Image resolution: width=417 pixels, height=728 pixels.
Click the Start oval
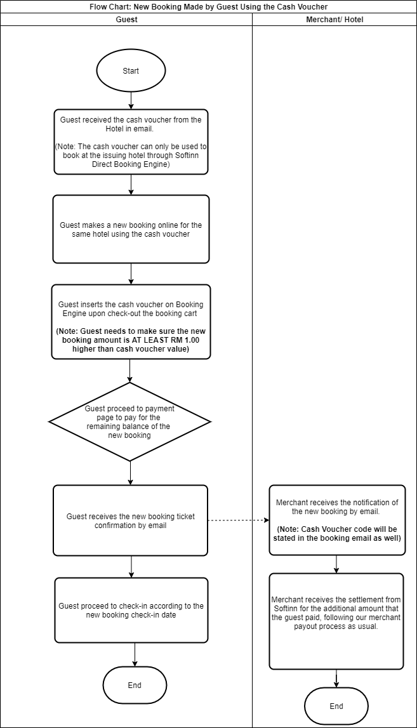(130, 70)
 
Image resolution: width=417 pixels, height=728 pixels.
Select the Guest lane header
(126, 19)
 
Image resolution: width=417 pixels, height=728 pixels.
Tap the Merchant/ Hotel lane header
(334, 19)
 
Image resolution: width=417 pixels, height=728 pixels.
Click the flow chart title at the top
(208, 6)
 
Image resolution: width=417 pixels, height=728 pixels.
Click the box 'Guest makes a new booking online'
(131, 229)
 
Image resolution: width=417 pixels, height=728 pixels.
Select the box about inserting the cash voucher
(131, 322)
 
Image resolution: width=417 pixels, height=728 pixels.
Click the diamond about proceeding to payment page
(130, 421)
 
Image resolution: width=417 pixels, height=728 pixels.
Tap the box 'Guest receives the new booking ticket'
(131, 520)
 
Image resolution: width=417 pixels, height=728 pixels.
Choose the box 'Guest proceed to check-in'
(131, 610)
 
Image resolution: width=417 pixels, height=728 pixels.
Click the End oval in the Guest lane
(135, 685)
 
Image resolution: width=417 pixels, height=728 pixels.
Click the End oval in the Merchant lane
(336, 706)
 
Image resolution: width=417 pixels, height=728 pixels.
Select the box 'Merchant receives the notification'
(336, 520)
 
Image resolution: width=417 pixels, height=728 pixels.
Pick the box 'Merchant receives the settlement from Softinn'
(336, 621)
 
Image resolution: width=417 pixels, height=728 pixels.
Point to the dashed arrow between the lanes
(238, 520)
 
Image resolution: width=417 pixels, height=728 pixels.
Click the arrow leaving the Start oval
(131, 99)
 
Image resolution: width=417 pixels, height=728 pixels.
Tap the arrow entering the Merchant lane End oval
(336, 678)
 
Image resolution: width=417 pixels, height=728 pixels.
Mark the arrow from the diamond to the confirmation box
(130, 473)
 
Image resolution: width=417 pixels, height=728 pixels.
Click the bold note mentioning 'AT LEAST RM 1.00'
(131, 340)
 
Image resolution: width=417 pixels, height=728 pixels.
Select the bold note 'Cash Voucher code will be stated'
(336, 533)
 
